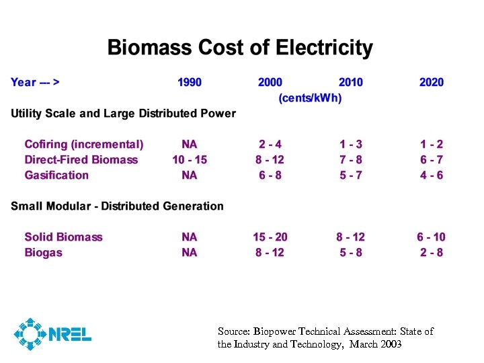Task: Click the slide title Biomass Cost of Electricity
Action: pyautogui.click(x=240, y=48)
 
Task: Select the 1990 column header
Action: pyautogui.click(x=189, y=82)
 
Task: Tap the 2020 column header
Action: pyautogui.click(x=431, y=82)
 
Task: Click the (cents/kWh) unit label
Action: pyautogui.click(x=310, y=98)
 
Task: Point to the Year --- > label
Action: pyautogui.click(x=35, y=82)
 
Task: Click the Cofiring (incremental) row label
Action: pyautogui.click(x=84, y=144)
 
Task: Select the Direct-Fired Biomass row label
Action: pyautogui.click(x=81, y=159)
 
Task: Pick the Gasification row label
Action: pyautogui.click(x=56, y=175)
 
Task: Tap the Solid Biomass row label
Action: pyautogui.click(x=63, y=237)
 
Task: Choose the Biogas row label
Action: pyautogui.click(x=43, y=252)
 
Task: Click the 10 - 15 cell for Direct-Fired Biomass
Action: pyautogui.click(x=189, y=159)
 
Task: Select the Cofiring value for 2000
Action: pyautogui.click(x=270, y=144)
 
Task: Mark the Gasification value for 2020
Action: pyautogui.click(x=431, y=175)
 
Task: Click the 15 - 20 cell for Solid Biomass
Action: pyautogui.click(x=270, y=237)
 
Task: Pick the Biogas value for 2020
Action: pyautogui.click(x=431, y=252)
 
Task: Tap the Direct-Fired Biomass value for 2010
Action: pyautogui.click(x=350, y=159)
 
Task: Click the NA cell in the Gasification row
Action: pyautogui.click(x=189, y=175)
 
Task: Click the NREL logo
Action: pyautogui.click(x=52, y=333)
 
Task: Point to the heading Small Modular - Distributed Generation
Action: pyautogui.click(x=117, y=206)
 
